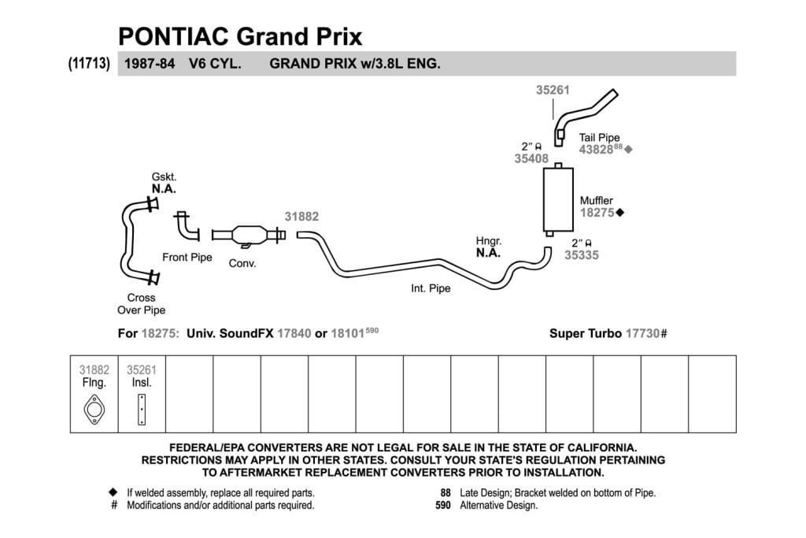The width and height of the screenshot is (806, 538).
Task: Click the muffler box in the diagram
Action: coord(558,199)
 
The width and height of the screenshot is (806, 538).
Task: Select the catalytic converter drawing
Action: coord(249,236)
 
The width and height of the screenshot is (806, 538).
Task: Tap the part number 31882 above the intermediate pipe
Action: coord(301,217)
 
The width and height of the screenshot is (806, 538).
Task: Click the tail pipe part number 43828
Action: coord(597,150)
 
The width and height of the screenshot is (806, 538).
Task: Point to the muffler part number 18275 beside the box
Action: coord(597,213)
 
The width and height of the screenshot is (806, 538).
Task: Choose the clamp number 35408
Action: coord(531,159)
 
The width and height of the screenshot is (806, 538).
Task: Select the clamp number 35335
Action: coord(582,255)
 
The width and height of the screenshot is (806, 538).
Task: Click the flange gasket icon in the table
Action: coord(94,410)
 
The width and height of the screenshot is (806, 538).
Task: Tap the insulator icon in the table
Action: coord(142,410)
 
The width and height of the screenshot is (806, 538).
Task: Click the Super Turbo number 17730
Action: coord(642,334)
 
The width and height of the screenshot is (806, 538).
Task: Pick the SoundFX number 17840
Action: coord(294,334)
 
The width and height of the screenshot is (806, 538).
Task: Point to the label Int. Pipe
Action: coord(431,288)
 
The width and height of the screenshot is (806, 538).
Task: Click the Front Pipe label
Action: coord(187,257)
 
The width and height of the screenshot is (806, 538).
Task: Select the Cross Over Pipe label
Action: coord(142,304)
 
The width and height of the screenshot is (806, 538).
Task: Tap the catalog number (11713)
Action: coord(89,63)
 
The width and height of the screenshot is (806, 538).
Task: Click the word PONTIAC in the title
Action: coord(174,36)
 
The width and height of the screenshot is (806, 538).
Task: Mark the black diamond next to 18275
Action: coord(620,213)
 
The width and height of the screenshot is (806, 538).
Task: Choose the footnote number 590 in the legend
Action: coord(442,506)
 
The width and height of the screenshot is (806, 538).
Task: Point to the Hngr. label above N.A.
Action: coord(488,241)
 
